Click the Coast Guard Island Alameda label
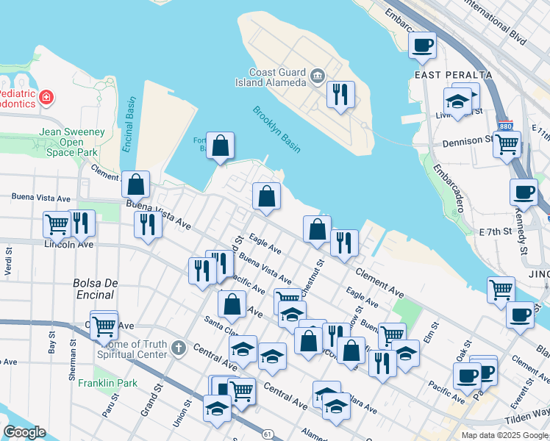point(276,77)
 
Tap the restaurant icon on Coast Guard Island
point(340,94)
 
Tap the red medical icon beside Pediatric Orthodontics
point(46,97)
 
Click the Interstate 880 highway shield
point(505,126)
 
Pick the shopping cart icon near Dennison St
point(507,145)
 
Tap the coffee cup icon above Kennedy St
point(524,192)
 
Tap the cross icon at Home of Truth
point(177,346)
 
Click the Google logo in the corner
point(24,432)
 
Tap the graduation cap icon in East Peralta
point(457,101)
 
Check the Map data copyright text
point(504,435)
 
